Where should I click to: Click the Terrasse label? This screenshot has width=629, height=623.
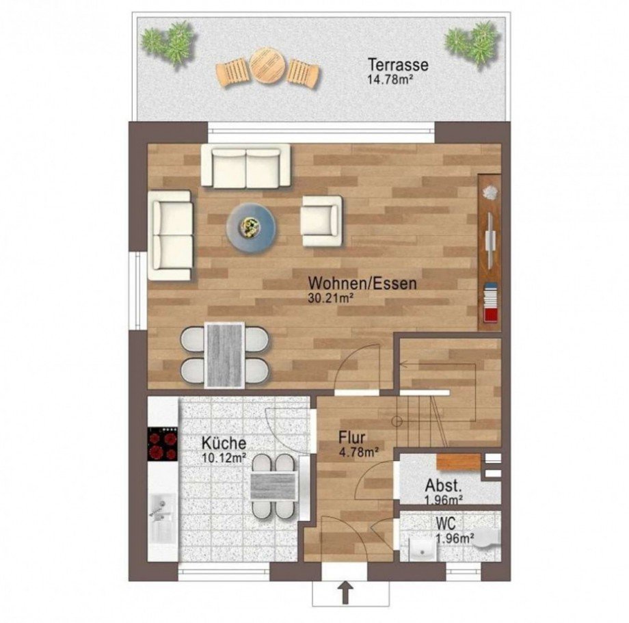point(398,64)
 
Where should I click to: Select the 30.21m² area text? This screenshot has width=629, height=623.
point(330,298)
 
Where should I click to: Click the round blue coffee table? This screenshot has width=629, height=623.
point(251,228)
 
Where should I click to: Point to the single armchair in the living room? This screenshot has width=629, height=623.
point(321,221)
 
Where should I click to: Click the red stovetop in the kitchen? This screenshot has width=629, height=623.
point(163,443)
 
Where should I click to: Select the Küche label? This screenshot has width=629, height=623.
point(224,443)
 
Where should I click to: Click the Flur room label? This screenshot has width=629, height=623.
point(352,437)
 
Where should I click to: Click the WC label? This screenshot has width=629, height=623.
point(446,523)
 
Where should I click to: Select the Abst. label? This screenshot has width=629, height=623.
point(443,486)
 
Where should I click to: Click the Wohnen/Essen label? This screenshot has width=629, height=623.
point(362,283)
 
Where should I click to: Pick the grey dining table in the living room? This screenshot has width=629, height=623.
point(224,355)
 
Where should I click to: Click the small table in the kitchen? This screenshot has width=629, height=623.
point(273,486)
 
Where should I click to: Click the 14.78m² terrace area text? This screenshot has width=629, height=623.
point(390,79)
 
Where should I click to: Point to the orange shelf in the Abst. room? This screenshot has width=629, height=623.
point(459,462)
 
